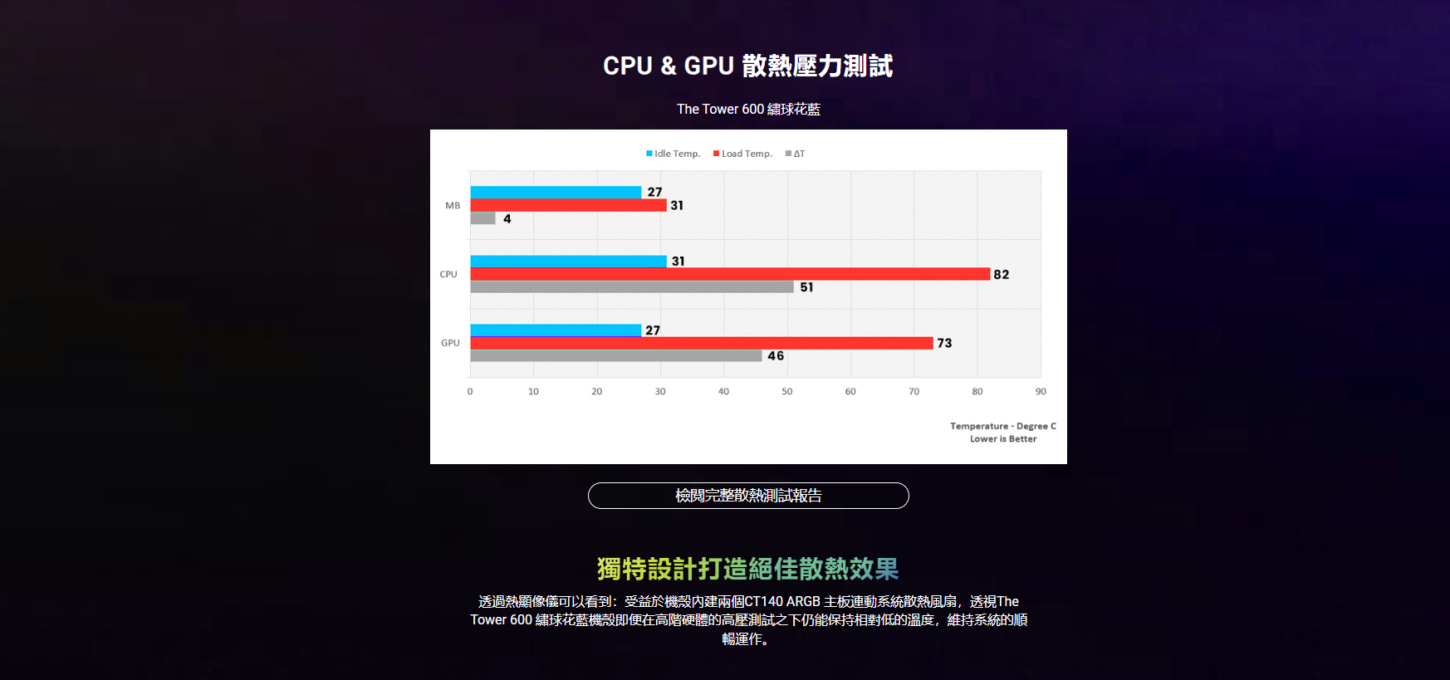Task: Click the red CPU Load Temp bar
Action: click(730, 274)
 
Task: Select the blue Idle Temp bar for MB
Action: click(556, 193)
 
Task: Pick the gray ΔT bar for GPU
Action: click(615, 356)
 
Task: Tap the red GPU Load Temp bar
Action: click(702, 343)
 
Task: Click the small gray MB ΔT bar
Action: click(483, 218)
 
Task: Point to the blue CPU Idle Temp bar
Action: click(568, 262)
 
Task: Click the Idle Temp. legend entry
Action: click(674, 154)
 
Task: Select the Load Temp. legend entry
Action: click(742, 154)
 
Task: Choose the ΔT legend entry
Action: click(796, 154)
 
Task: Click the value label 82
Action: click(1002, 275)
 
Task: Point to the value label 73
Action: click(944, 343)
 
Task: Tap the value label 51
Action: click(806, 287)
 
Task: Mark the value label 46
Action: click(776, 356)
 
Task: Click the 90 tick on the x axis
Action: click(1041, 391)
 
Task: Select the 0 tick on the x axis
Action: click(470, 391)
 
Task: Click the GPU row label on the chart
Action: click(450, 343)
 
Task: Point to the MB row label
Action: click(453, 205)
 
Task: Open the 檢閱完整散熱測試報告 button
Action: click(748, 496)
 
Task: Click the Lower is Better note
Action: click(1003, 439)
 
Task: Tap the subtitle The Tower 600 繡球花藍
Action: click(748, 109)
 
